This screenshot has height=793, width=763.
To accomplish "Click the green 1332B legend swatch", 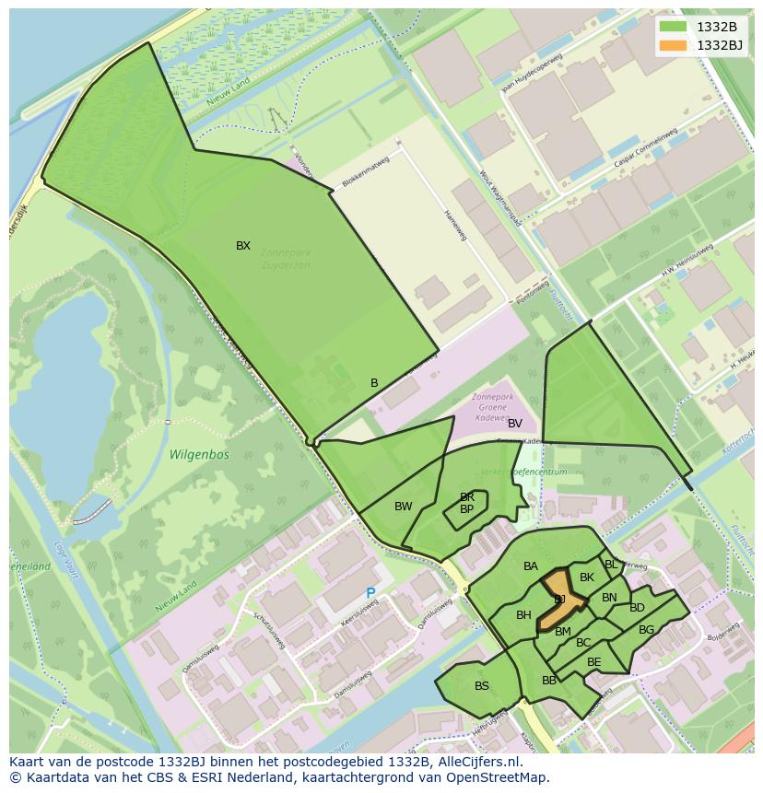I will click(x=674, y=27).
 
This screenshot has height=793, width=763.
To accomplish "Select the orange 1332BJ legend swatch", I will click(x=674, y=45).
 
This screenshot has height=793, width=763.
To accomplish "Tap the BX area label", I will click(x=243, y=246).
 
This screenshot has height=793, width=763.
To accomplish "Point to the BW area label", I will click(x=404, y=507).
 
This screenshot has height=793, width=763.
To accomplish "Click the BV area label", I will click(x=515, y=424).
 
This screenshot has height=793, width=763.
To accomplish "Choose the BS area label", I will click(x=482, y=686).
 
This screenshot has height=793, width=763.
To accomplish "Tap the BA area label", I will click(x=531, y=566).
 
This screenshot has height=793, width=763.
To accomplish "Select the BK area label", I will click(x=587, y=578).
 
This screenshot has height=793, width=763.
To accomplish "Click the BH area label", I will click(x=523, y=615).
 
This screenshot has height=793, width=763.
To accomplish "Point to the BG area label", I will click(x=646, y=630).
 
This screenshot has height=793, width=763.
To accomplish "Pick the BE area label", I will click(x=594, y=662).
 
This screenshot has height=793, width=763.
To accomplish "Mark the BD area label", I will click(x=637, y=608).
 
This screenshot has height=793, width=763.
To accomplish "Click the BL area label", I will click(x=611, y=565).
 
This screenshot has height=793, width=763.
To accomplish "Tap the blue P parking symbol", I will click(x=371, y=594).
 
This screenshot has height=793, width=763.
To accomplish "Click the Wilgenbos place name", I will click(x=199, y=454).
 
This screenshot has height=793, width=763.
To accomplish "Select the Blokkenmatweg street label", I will click(x=366, y=170).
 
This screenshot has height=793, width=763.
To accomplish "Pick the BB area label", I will click(x=549, y=681).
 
